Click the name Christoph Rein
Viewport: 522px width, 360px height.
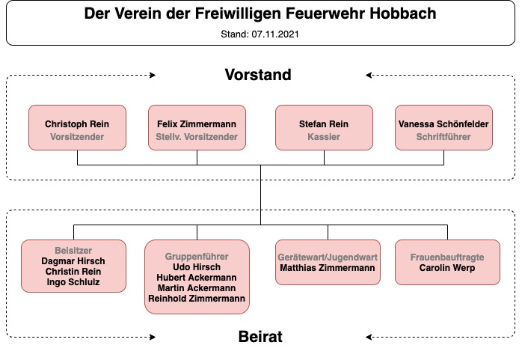77,124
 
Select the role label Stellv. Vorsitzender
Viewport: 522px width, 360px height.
197,136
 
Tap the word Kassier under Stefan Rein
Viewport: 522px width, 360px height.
324,136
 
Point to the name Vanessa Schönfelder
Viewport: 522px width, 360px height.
443,124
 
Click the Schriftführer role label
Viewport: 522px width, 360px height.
443,136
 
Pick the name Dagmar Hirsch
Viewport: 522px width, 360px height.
73,260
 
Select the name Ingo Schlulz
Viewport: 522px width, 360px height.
73,281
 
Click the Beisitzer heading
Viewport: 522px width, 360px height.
73,251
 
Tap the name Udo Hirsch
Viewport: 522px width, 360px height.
197,266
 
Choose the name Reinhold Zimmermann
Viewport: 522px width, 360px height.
197,299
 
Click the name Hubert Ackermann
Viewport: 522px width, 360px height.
197,278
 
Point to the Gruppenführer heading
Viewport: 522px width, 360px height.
197,257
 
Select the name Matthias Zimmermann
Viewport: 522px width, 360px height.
328,267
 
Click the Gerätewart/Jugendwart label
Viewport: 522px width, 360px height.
328,257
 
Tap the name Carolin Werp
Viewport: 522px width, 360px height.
447,267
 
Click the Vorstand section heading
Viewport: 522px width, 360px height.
258,75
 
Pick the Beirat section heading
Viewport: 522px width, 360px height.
260,336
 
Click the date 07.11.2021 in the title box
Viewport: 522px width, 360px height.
275,34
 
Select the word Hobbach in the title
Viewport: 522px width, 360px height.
403,13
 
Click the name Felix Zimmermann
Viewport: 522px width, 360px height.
197,124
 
